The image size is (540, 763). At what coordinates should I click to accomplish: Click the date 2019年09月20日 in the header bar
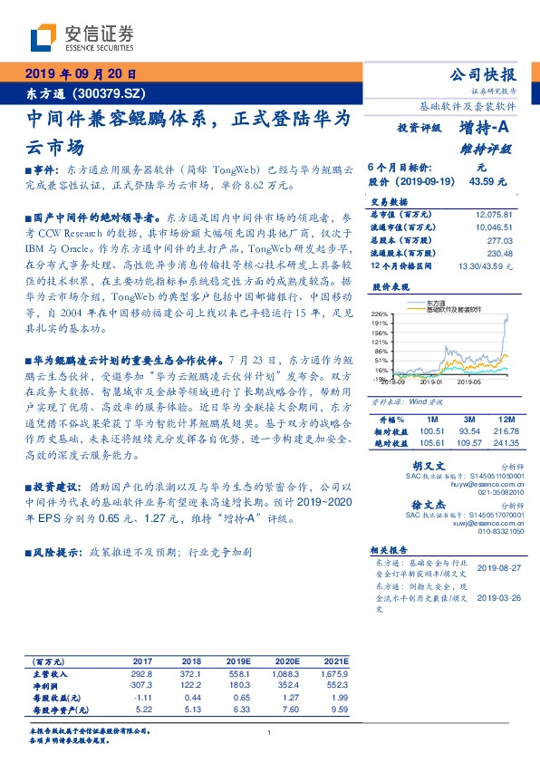pyautogui.click(x=79, y=73)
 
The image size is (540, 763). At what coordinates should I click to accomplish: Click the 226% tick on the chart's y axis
pyautogui.click(x=380, y=314)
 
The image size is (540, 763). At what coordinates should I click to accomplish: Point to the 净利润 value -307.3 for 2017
pyautogui.click(x=143, y=686)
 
